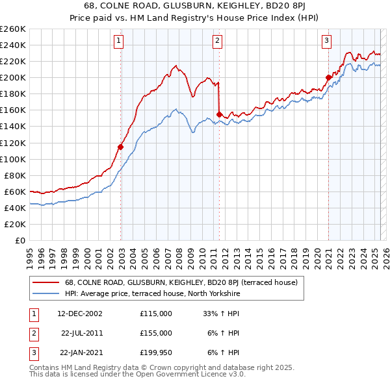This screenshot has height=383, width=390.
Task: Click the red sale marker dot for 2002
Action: click(121, 147)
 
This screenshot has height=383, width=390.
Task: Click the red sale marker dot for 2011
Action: click(219, 114)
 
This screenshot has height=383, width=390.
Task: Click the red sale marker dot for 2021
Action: click(328, 78)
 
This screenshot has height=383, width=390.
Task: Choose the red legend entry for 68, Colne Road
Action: click(181, 282)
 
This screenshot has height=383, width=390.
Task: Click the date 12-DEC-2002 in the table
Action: click(80, 314)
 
